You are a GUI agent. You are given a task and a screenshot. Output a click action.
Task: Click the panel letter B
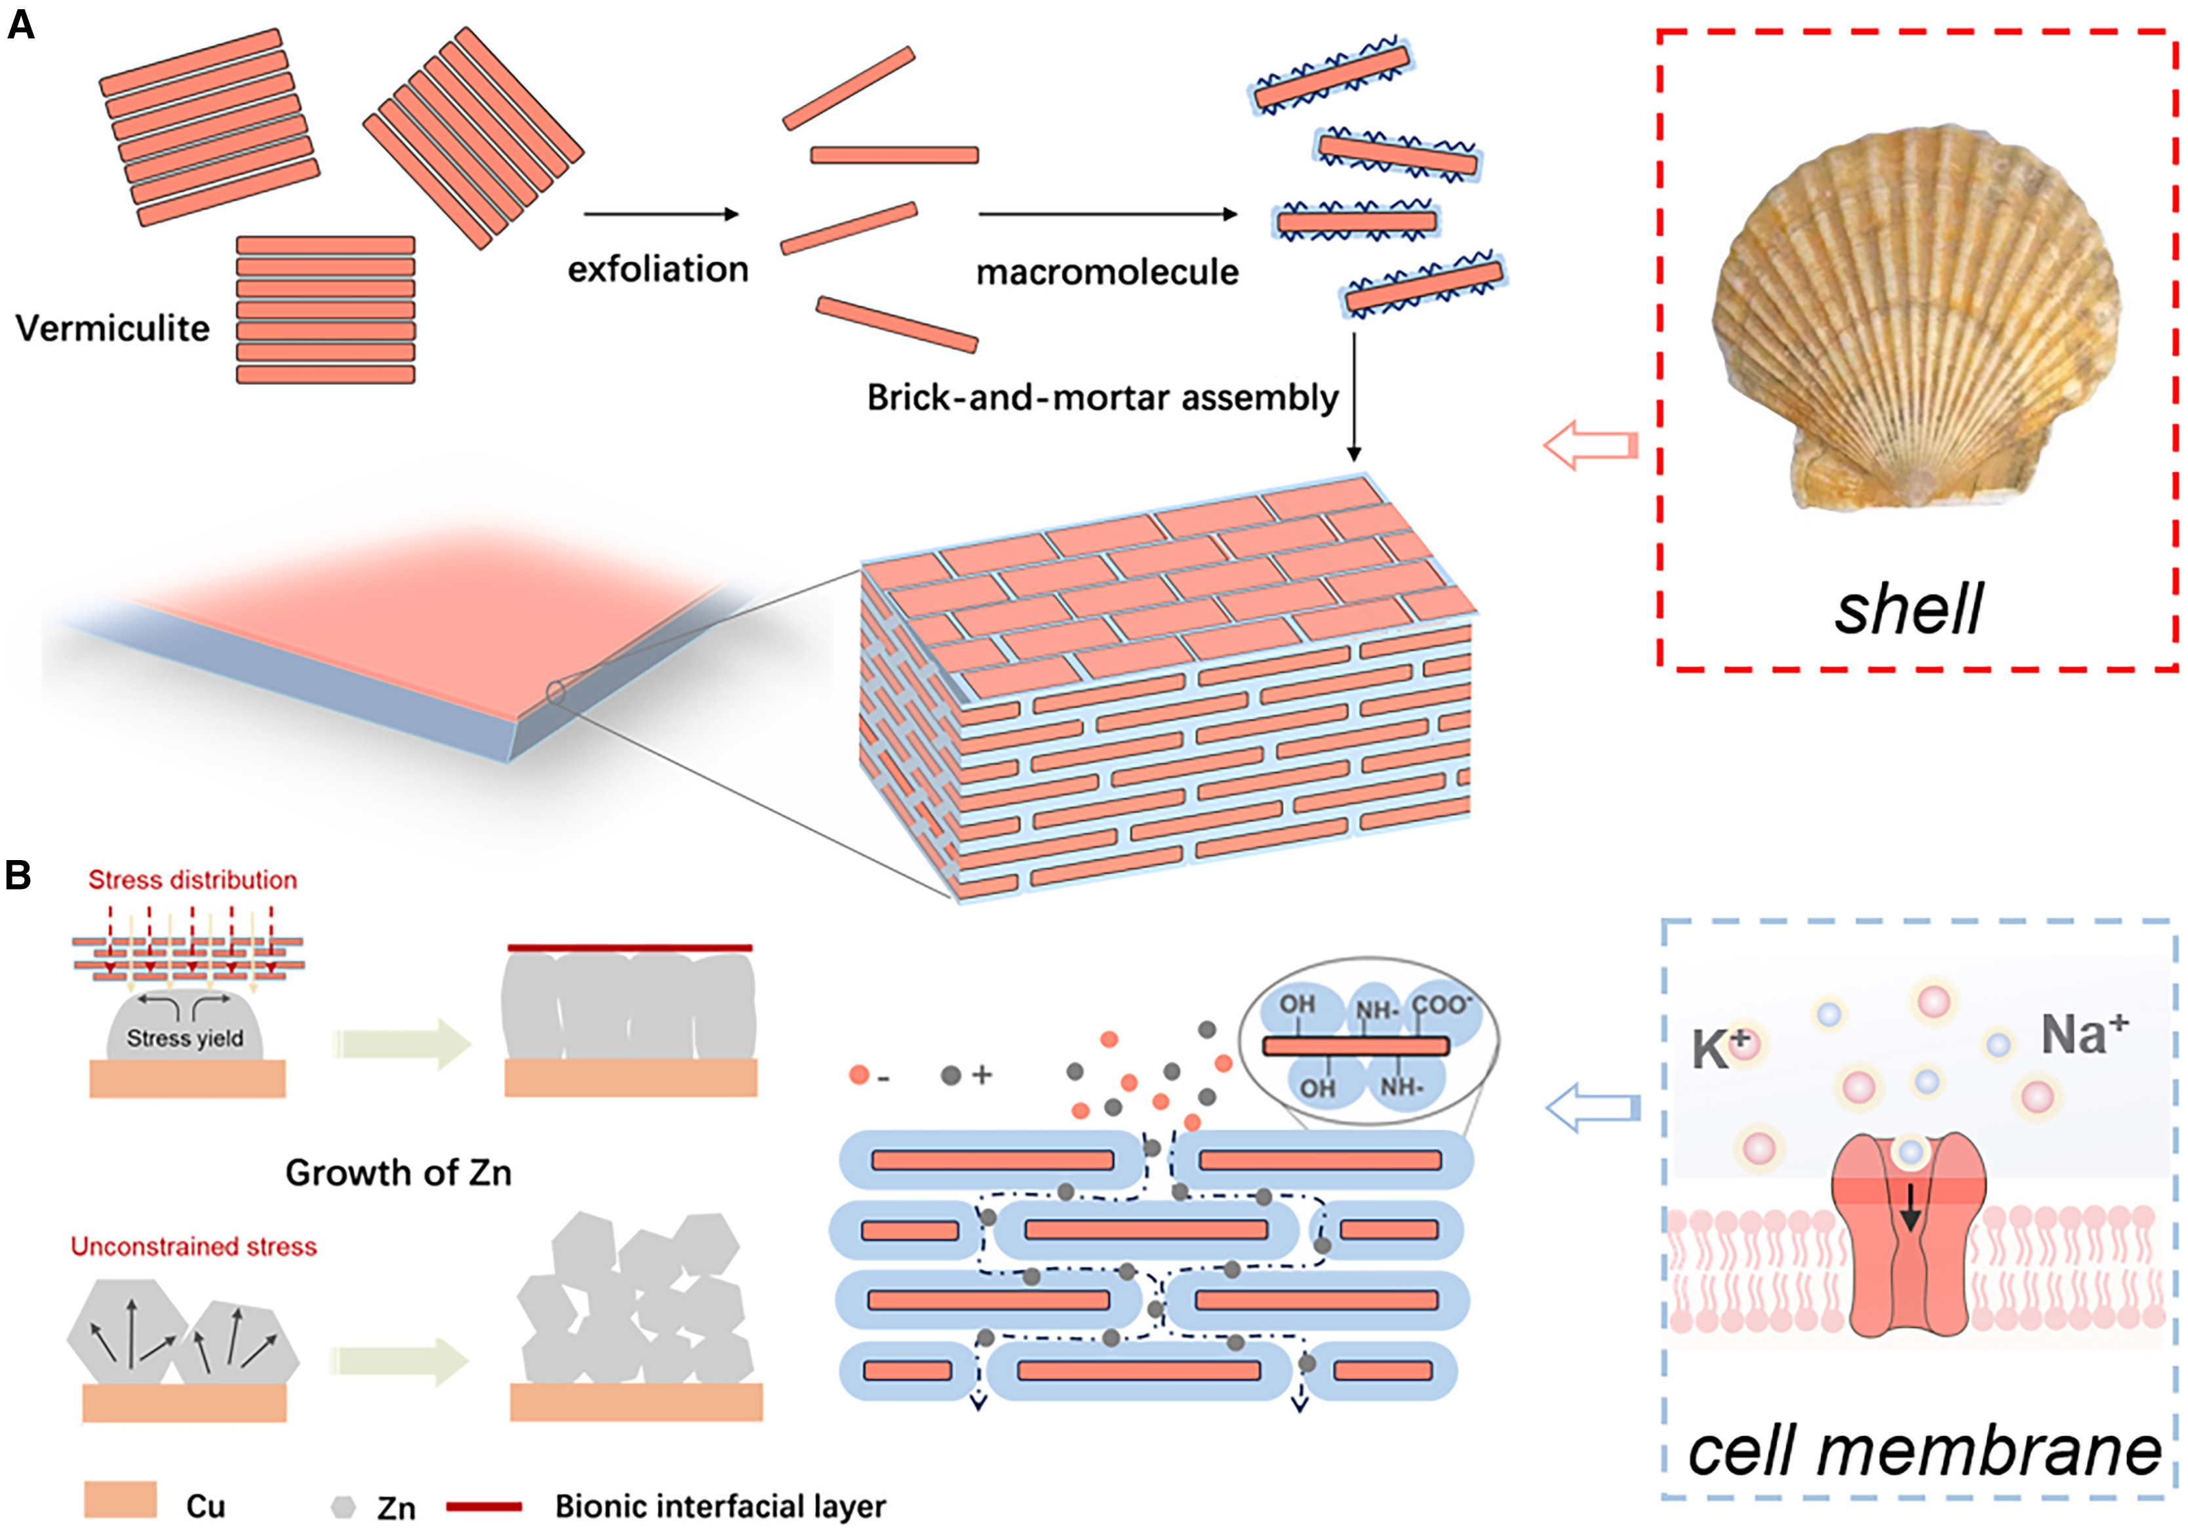pos(19,874)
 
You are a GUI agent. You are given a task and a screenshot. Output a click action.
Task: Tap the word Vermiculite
pos(113,328)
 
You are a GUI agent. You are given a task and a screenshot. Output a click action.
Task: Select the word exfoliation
pos(658,269)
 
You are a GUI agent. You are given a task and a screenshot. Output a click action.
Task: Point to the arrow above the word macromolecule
pos(1107,214)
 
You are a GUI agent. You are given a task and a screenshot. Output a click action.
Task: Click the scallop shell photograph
pos(1915,319)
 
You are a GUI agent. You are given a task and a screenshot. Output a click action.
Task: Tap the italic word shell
pos(1909,610)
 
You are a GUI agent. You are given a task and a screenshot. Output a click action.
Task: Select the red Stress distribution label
pos(193,879)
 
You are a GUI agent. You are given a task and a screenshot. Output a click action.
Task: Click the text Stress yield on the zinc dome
pos(185,1038)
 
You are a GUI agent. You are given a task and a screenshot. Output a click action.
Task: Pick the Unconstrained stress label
pos(193,1246)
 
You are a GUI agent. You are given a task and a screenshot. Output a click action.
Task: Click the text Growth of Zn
pos(399,1173)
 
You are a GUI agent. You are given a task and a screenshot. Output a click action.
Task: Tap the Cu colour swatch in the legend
pos(120,1499)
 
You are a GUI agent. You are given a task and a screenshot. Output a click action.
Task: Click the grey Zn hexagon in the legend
pos(343,1507)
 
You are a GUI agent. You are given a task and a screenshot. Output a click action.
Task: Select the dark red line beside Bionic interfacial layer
pos(484,1506)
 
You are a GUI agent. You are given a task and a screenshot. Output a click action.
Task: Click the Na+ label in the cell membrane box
pos(2083,1034)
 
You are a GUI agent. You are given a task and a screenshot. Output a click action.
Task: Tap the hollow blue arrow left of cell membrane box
pos(1591,1107)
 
